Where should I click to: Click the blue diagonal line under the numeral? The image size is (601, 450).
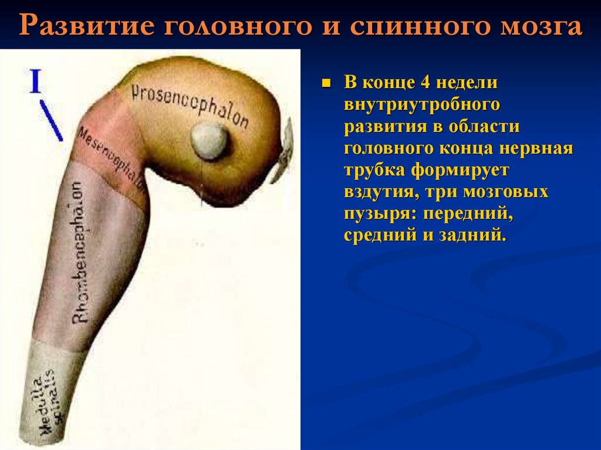[52, 121]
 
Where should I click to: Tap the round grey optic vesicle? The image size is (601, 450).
[210, 141]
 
